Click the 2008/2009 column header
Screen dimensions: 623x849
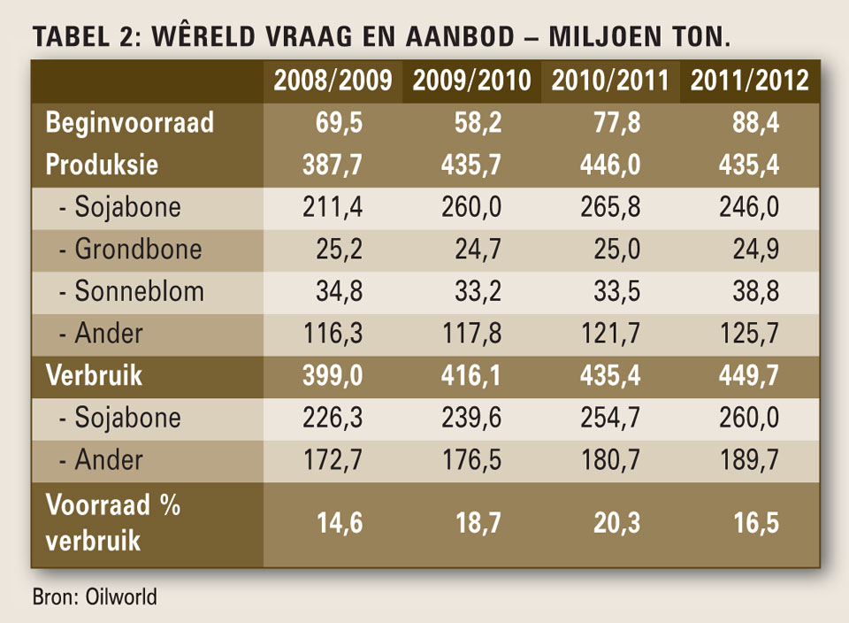coord(333,81)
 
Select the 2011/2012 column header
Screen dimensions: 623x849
coord(750,81)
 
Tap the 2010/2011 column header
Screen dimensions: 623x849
coord(611,81)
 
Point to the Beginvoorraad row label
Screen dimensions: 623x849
coord(129,122)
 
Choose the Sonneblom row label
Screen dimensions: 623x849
coord(132,291)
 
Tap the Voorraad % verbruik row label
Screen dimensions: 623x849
coord(112,523)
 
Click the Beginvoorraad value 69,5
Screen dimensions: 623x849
coord(339,122)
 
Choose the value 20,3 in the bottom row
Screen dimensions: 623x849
coord(616,523)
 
